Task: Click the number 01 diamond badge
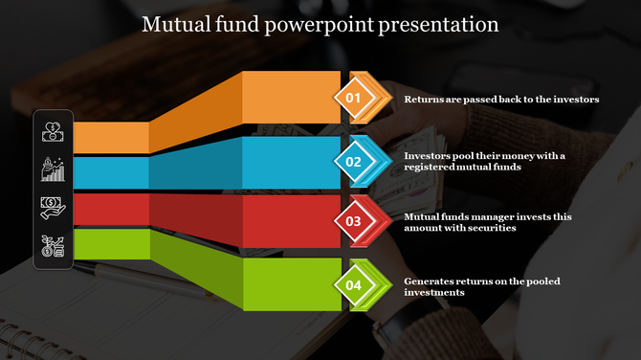[x=353, y=98]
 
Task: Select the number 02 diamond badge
[x=353, y=162]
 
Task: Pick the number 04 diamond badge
[x=353, y=285]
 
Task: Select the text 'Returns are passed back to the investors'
[x=501, y=99]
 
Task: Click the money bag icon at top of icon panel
[x=53, y=130]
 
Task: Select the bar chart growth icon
[x=53, y=169]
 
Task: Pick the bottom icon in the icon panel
[x=53, y=246]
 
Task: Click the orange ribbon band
[x=287, y=97]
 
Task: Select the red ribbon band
[x=287, y=215]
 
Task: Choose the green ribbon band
[x=287, y=283]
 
